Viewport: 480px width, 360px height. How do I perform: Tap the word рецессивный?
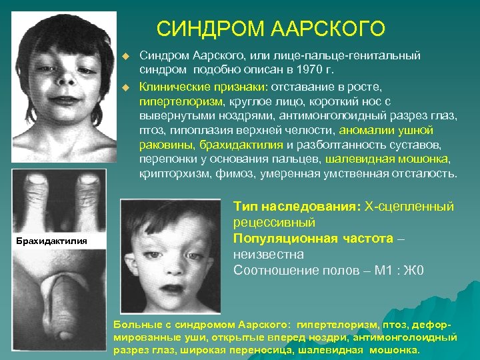click(274, 222)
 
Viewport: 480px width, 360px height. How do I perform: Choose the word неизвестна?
click(268, 254)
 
